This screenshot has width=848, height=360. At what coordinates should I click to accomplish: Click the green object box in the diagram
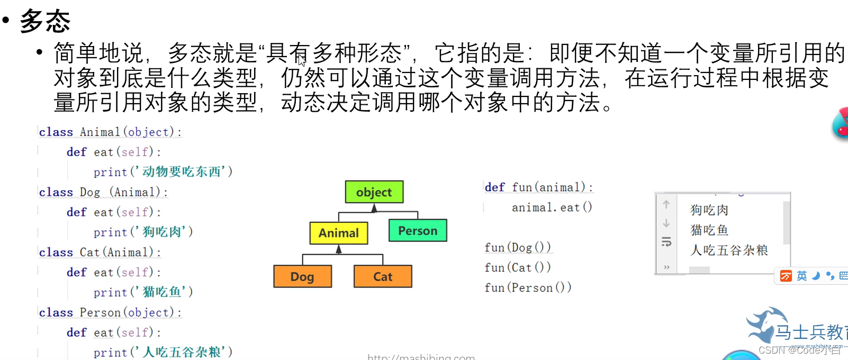point(374,192)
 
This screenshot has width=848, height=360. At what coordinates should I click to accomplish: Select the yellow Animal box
point(338,233)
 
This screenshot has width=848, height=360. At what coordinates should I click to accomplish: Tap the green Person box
point(418,231)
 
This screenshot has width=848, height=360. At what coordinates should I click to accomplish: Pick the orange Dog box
point(302,277)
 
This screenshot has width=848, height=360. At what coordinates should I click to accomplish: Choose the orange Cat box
point(383,277)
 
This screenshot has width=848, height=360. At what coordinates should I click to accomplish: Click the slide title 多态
point(45,21)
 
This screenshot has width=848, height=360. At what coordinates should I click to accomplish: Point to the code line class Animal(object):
point(110,132)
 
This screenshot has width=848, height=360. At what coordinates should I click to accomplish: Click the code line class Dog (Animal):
point(103,192)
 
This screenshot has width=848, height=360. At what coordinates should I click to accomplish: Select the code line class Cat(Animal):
point(100,253)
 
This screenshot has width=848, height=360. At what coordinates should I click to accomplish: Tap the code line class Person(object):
point(110,312)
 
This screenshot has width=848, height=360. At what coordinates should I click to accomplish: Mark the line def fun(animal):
point(538,187)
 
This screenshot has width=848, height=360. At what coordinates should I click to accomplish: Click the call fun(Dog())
point(517,247)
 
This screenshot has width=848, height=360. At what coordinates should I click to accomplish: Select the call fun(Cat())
point(517,267)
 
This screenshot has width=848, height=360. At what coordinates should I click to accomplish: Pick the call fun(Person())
point(528,287)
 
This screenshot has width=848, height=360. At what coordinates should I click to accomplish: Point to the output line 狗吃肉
point(709,210)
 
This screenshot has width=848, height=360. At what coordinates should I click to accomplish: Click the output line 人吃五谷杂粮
point(729,250)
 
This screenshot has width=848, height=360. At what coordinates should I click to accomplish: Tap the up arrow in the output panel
point(666,204)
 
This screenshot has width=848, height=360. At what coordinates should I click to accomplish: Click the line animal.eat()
point(552,208)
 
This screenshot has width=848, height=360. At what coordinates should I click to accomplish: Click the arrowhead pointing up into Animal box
point(339,249)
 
